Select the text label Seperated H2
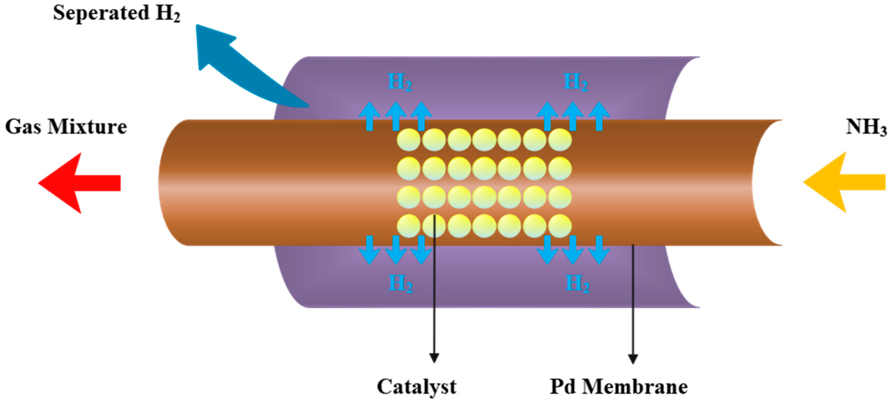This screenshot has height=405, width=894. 117,13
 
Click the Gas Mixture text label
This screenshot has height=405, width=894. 66,127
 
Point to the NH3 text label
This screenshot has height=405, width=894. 866,127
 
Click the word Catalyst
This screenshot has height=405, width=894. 416,386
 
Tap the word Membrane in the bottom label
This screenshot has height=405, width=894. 635,386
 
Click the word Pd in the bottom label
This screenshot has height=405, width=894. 564,386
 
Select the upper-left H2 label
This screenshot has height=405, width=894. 399,82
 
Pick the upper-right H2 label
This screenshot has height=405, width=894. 575,82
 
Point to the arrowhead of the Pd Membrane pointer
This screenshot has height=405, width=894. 633,359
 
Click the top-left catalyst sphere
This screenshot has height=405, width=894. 409,140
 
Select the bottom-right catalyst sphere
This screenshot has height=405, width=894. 560,226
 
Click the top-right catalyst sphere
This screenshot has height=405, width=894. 560,140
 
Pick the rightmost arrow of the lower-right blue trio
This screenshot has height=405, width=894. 599,250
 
